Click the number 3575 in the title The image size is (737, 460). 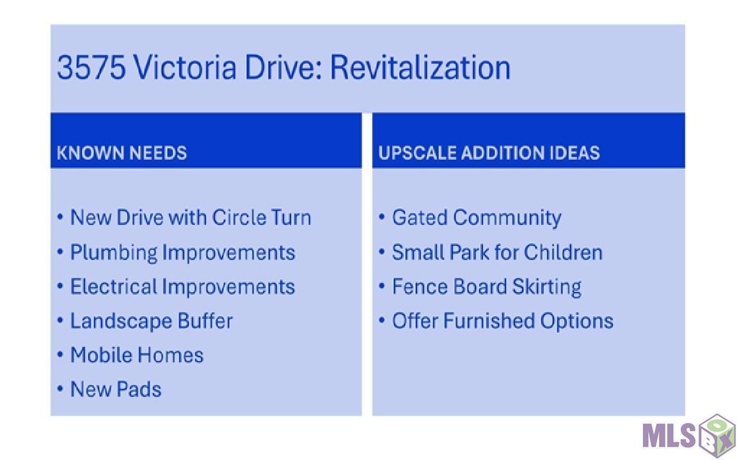91,67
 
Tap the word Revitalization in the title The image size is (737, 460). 420,67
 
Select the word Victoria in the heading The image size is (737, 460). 184,67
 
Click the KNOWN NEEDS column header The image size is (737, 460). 122,153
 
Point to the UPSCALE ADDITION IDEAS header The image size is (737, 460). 489,153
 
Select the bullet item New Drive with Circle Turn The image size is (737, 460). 191,217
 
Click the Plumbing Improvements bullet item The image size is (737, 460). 182,253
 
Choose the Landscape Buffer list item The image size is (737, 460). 152,321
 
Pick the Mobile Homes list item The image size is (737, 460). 137,355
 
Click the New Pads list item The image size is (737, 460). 116,389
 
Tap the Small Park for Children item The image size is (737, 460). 497,252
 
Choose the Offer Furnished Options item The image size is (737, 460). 502,321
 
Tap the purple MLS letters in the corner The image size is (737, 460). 669,435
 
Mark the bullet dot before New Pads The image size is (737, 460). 60,389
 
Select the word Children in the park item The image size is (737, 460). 563,252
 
